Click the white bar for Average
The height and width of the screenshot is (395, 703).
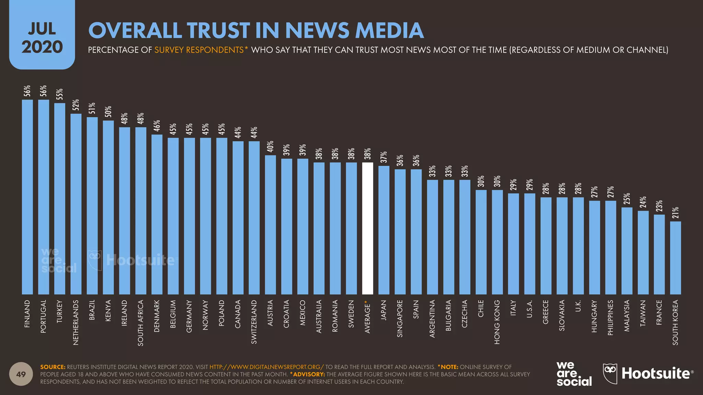367,228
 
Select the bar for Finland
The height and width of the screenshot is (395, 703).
27,197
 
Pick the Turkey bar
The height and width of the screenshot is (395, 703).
60,199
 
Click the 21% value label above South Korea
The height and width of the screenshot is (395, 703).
676,213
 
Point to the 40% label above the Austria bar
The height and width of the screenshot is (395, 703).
270,146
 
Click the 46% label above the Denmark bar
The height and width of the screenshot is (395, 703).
157,126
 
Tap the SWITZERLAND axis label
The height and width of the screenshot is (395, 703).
254,322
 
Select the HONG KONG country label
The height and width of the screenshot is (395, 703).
497,322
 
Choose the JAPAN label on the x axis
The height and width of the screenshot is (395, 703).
384,310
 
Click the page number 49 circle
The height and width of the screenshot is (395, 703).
21,374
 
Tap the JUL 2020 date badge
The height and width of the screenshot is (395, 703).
42,38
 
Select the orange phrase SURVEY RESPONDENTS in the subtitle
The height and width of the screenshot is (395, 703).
199,50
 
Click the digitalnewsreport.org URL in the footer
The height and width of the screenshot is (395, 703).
266,367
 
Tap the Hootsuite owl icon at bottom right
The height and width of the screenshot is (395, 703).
610,373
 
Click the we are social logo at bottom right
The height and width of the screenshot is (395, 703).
574,374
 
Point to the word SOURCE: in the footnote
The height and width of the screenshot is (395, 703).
53,367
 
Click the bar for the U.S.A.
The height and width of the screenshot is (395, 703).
530,244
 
